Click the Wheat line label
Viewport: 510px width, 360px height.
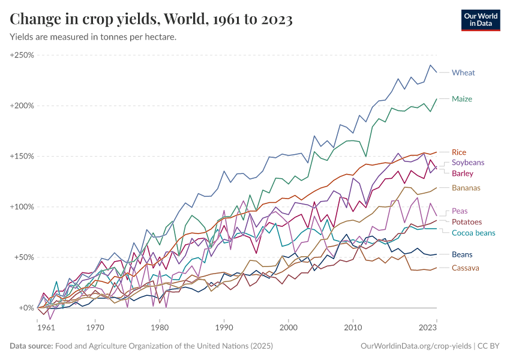coord(463,73)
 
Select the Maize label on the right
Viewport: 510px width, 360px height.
coord(462,98)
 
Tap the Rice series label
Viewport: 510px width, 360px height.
coord(458,152)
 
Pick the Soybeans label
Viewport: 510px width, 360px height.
coord(467,163)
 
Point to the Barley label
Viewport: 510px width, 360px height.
coord(463,173)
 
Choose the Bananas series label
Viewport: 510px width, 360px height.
coord(466,188)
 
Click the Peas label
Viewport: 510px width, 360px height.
coord(460,211)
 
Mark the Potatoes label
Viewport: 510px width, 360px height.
coord(466,222)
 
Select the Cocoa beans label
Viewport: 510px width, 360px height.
coord(473,233)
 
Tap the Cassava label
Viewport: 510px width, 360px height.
coord(465,268)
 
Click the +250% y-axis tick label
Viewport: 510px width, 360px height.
coord(22,55)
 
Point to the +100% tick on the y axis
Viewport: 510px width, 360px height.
coord(22,207)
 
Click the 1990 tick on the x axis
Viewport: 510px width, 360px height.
coord(224,328)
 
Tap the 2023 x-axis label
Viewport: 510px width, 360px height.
coord(427,328)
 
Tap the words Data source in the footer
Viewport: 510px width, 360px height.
coord(31,346)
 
